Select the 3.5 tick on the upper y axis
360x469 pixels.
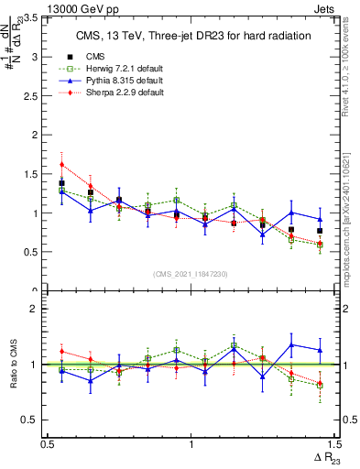tap(31, 18)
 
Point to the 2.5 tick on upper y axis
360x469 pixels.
tap(31, 96)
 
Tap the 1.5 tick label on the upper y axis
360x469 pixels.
tap(31, 174)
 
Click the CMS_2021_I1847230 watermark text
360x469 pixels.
tap(190, 274)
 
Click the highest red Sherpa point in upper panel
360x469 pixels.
tap(61, 165)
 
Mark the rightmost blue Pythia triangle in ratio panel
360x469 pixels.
tap(320, 350)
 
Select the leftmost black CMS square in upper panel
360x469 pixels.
tap(61, 183)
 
